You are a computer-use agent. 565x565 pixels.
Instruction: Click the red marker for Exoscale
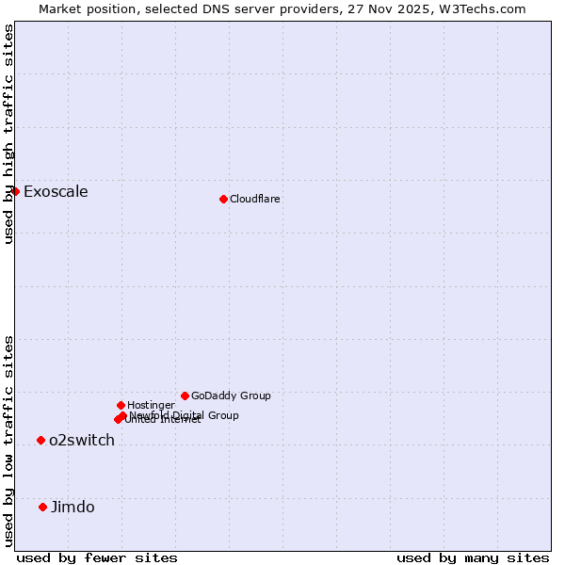pyautogui.click(x=15, y=191)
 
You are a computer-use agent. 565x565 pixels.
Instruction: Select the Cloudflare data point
pyautogui.click(x=223, y=199)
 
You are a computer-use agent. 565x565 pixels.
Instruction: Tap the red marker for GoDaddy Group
pyautogui.click(x=185, y=395)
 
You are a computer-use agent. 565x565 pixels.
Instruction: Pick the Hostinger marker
pyautogui.click(x=121, y=405)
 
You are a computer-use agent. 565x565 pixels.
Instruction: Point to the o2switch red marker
pyautogui.click(x=40, y=440)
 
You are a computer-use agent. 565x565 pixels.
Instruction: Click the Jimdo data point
pyautogui.click(x=42, y=507)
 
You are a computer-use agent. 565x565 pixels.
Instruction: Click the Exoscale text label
pyautogui.click(x=56, y=192)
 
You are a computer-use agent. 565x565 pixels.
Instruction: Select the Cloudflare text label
pyautogui.click(x=255, y=199)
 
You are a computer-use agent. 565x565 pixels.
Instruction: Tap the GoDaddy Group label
pyautogui.click(x=231, y=395)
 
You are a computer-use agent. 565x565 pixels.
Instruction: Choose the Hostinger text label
pyautogui.click(x=151, y=405)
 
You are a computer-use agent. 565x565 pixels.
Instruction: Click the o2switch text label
pyautogui.click(x=82, y=441)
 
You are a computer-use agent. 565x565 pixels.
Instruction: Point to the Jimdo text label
pyautogui.click(x=73, y=508)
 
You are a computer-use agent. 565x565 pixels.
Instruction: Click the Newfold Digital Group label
pyautogui.click(x=185, y=415)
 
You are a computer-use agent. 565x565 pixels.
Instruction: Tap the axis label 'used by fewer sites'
pyautogui.click(x=97, y=557)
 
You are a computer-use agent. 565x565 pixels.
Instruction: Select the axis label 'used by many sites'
pyautogui.click(x=473, y=557)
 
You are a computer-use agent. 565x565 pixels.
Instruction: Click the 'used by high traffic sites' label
pyautogui.click(x=8, y=134)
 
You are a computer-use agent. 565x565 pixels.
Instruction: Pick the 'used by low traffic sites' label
pyautogui.click(x=8, y=440)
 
